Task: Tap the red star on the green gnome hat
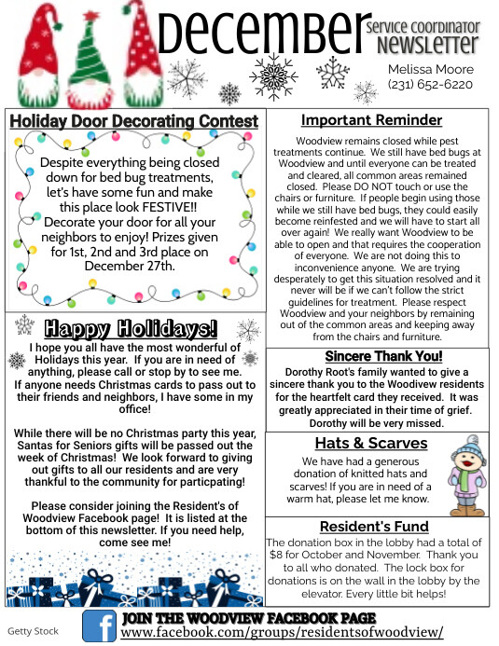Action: pos(90,17)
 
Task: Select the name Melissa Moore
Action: pos(430,69)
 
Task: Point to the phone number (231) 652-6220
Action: pos(430,85)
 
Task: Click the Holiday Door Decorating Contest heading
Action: pos(133,121)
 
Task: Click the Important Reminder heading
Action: pos(371,120)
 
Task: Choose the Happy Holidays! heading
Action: pos(131,328)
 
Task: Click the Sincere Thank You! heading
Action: pos(383,356)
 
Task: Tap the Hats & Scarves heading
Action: pos(370,443)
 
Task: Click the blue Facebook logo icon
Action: pos(98,625)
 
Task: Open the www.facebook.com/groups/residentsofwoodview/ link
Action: pos(282,632)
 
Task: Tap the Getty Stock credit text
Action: pos(33,631)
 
